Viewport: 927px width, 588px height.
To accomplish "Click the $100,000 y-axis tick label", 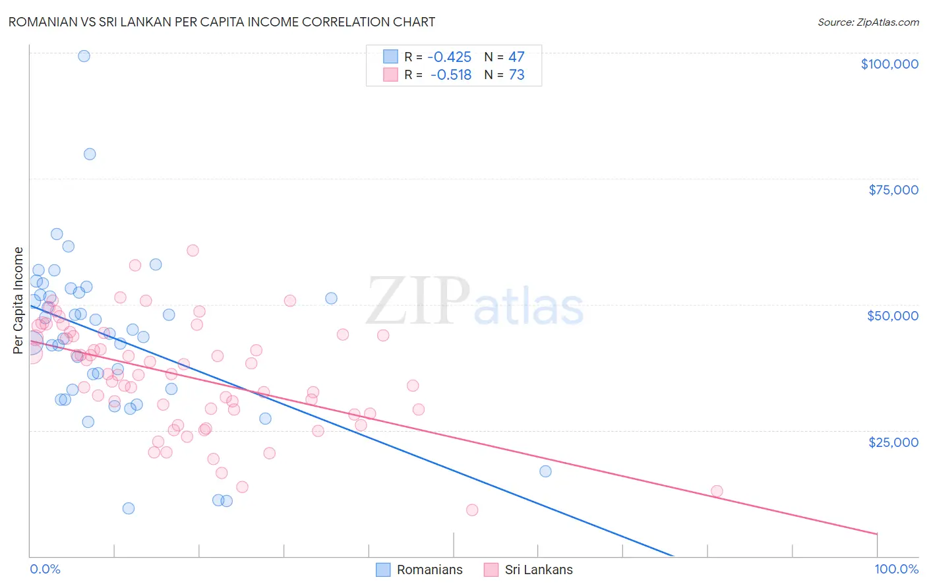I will [889, 64].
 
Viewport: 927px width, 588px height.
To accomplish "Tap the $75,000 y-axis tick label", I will [893, 190].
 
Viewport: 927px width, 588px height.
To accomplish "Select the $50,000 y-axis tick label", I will [893, 316].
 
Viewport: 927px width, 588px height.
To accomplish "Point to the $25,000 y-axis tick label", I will [893, 442].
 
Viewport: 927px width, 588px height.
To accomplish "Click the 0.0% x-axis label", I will [45, 569].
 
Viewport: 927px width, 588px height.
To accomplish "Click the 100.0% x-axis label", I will [896, 569].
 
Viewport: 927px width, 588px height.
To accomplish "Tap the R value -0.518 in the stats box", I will [451, 75].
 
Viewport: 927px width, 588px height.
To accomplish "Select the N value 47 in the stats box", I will [516, 57].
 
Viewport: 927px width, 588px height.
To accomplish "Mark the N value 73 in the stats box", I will [516, 75].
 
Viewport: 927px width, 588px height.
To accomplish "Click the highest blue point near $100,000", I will [84, 56].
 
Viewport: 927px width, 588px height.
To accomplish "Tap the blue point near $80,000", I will [90, 154].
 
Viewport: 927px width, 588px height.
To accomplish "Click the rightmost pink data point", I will [717, 491].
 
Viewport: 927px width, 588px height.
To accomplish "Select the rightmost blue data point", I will [545, 471].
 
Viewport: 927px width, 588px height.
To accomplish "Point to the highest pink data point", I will [193, 250].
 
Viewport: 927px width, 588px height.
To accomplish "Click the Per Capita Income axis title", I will [18, 300].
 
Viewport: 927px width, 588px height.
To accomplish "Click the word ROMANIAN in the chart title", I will [43, 22].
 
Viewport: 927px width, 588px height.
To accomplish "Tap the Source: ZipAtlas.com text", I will [868, 22].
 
